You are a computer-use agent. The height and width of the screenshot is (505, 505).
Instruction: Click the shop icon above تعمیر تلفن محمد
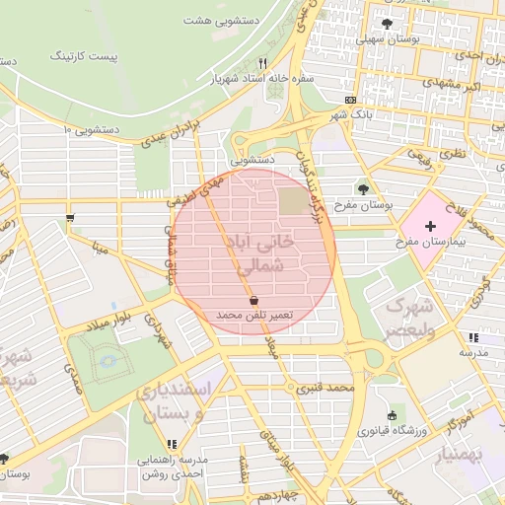tap(254, 298)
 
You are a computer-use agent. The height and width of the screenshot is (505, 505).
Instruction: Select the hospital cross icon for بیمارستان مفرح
tap(430, 227)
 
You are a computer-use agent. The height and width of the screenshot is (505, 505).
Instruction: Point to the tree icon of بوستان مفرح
tap(363, 189)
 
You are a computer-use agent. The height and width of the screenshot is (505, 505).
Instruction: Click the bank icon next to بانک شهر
tap(351, 101)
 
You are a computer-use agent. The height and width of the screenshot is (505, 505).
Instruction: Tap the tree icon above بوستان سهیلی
tap(386, 24)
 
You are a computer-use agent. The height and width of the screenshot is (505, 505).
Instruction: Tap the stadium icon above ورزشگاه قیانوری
tap(393, 415)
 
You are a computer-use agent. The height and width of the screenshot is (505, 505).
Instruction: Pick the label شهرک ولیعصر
tap(410, 317)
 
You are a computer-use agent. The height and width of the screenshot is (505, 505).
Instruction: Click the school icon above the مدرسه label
tap(473, 337)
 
